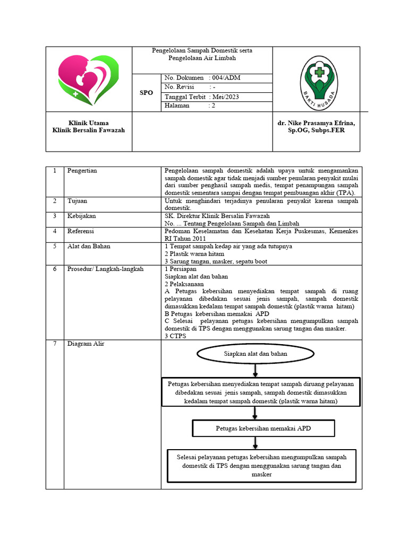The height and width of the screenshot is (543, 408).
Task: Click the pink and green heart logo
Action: [89, 79]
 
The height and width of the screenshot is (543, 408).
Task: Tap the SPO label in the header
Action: [146, 93]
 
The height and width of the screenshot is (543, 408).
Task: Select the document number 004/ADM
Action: [202, 78]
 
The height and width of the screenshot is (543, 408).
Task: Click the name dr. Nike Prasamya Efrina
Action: [316, 123]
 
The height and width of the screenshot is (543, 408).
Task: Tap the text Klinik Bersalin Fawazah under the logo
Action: [89, 130]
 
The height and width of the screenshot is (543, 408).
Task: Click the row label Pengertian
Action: [82, 171]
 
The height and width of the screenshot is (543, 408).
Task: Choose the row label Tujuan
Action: [78, 202]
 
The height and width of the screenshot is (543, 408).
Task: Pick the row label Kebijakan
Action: [81, 216]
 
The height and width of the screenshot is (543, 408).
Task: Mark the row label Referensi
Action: [81, 231]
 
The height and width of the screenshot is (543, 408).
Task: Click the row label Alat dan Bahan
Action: [86, 246]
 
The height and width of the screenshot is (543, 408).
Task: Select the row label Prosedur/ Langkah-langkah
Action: [105, 269]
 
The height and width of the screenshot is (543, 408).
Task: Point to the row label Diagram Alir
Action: [86, 344]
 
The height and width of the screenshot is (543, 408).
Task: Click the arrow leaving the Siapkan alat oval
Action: [256, 370]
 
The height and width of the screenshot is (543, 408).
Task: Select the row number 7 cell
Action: [55, 344]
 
